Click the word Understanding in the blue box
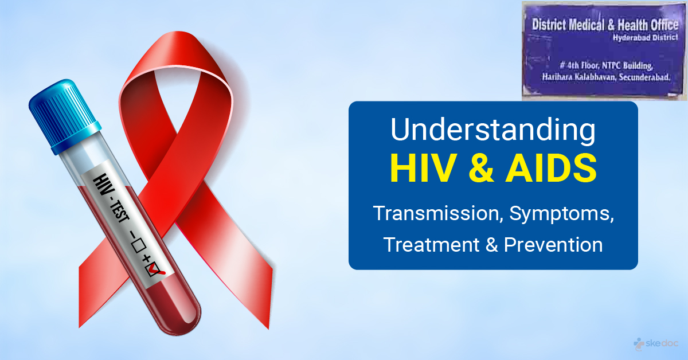point(493,130)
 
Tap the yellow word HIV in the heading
point(423,169)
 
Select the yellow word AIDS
point(551,169)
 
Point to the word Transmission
point(438,213)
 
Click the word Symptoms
point(561,214)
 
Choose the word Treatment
point(431,245)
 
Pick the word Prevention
point(553,245)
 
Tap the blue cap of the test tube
point(64,116)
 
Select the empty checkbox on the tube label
point(138,245)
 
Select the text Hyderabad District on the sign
point(645,38)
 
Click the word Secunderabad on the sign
point(644,77)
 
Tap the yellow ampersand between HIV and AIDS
point(480,169)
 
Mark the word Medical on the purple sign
point(586,25)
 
